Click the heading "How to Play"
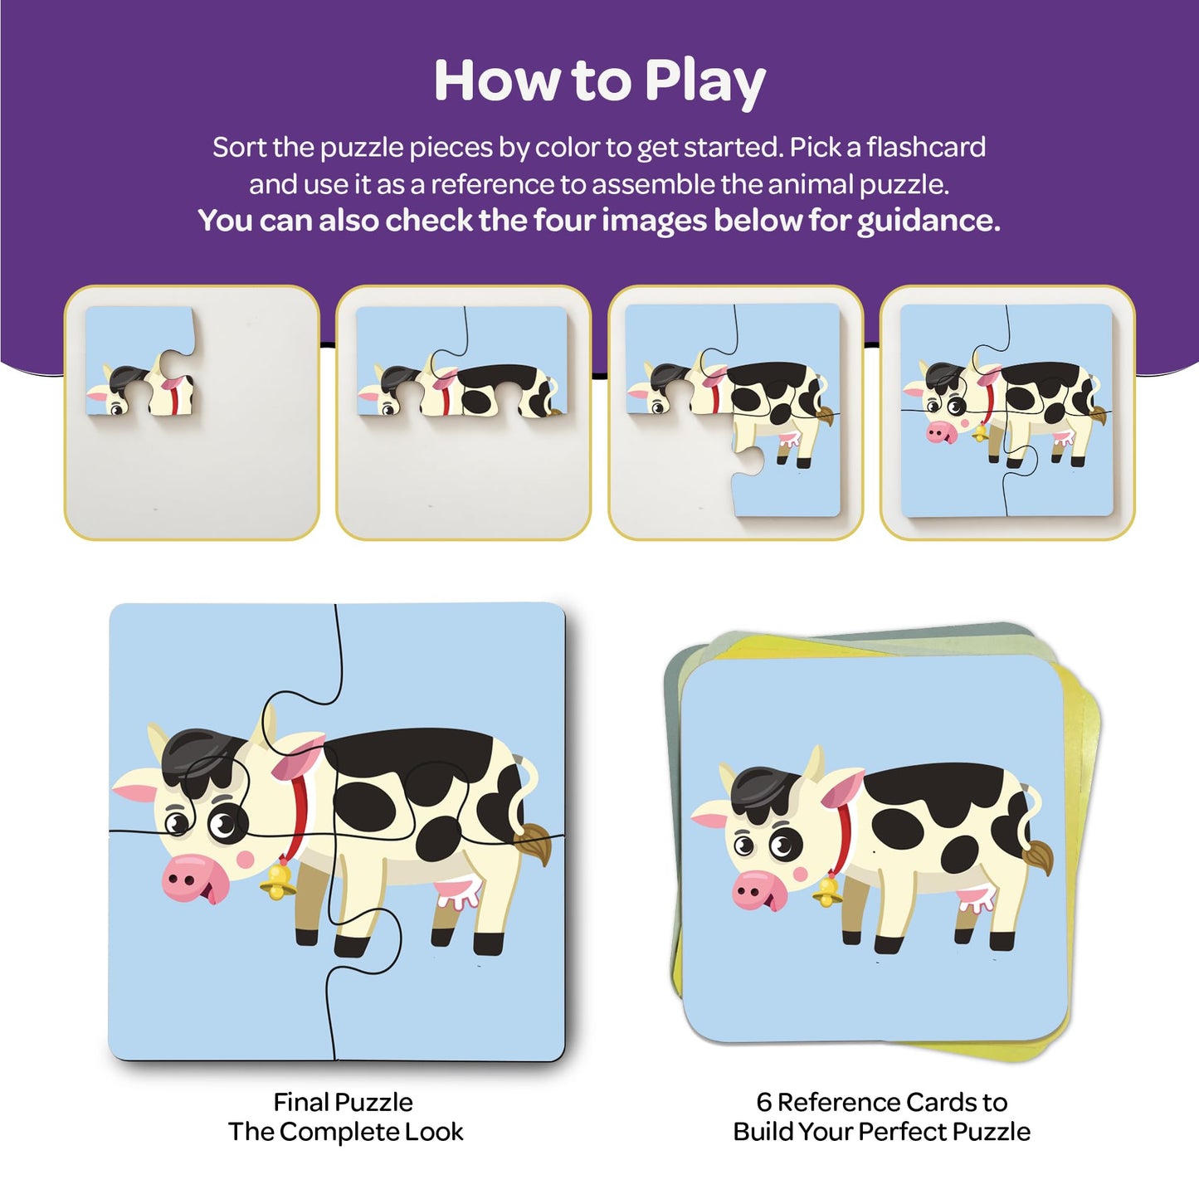tap(599, 81)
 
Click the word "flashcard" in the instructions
tap(926, 148)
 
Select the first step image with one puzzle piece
tap(192, 412)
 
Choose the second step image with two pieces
tap(463, 412)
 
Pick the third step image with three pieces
tap(735, 412)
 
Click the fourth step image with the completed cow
tap(1006, 412)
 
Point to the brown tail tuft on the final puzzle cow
tap(534, 844)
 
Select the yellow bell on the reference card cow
tap(826, 891)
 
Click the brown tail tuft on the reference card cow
tap(1039, 855)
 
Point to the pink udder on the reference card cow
tap(977, 899)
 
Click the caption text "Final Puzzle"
tap(343, 1102)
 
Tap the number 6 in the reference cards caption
tap(764, 1102)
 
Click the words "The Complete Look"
tap(345, 1132)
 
